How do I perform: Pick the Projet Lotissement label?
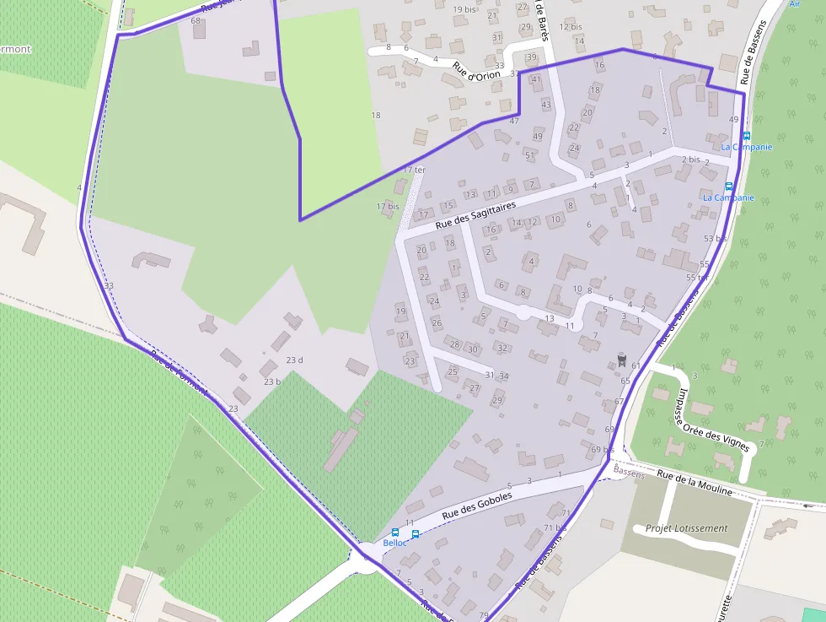tap(686, 528)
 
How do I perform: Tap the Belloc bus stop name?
tap(394, 543)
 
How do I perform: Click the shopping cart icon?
tap(622, 360)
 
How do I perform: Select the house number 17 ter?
tap(414, 170)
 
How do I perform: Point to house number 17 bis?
tap(388, 206)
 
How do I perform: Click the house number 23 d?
tap(294, 360)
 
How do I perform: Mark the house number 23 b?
tap(271, 381)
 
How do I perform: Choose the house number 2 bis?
tap(691, 160)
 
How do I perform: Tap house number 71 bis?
tap(554, 528)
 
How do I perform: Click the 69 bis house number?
tap(602, 449)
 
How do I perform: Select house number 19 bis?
tap(464, 9)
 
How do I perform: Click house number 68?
tap(196, 20)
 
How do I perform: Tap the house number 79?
tap(483, 614)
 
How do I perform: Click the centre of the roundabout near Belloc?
tap(368, 557)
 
